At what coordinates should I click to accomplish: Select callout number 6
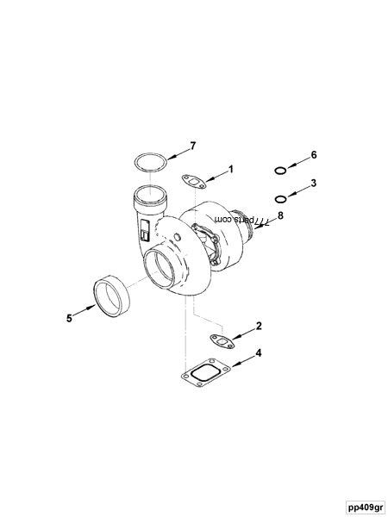(314, 154)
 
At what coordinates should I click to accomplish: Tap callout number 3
(314, 183)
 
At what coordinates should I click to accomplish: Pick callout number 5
(69, 317)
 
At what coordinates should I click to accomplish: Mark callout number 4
(258, 354)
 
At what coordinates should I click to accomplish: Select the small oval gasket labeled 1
(195, 180)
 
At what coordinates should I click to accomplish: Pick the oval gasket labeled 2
(222, 340)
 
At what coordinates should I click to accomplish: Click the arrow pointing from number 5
(84, 310)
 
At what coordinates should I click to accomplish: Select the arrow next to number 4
(240, 361)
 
